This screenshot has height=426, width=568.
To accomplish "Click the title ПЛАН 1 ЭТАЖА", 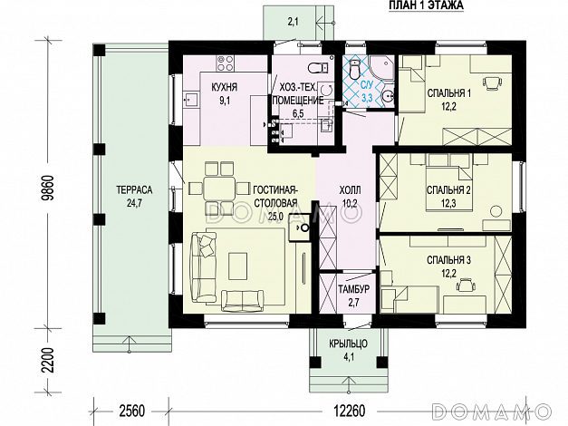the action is [x=426, y=5].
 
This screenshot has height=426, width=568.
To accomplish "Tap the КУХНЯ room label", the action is [x=225, y=87].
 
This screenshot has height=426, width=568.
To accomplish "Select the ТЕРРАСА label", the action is [x=134, y=190].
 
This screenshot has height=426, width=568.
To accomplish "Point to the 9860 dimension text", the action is [x=47, y=188].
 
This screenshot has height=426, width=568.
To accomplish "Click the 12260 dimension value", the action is [x=349, y=411].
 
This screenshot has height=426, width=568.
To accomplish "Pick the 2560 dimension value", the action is [x=131, y=411].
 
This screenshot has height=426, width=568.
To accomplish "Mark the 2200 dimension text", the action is [x=47, y=360].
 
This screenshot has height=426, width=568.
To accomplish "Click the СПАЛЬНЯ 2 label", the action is [x=448, y=190].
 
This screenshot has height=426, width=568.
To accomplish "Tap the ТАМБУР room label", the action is [x=354, y=289].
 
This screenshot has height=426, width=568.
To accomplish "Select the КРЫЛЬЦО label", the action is [x=349, y=344].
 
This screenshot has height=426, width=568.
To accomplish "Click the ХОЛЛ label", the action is [x=350, y=190].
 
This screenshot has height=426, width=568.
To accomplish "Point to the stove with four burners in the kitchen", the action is [x=225, y=63].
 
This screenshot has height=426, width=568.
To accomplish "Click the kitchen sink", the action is [x=190, y=99].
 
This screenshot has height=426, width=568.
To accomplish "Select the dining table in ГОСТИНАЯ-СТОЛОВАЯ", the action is [x=217, y=188].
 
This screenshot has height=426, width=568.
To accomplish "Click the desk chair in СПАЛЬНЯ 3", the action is [x=466, y=285].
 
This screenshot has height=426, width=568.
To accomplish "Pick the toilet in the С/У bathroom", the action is [x=354, y=69].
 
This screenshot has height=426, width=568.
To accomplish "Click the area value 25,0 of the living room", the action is [x=276, y=217].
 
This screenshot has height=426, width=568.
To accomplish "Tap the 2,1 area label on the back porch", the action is [x=293, y=22].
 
